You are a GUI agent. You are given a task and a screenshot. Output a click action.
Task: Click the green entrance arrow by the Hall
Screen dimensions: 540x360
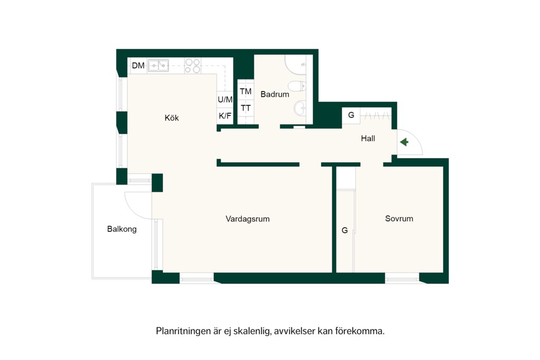(x=404, y=142)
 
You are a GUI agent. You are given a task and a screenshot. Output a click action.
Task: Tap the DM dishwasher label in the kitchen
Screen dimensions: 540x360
(x=138, y=65)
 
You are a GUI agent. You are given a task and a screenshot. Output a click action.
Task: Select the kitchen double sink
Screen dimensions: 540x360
(x=158, y=65)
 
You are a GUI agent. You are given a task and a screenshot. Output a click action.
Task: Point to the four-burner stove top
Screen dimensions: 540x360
(x=192, y=66)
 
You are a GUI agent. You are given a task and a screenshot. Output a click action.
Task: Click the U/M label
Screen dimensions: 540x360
(x=225, y=100)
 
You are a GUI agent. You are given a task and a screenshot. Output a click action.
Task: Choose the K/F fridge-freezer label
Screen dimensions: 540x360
(x=225, y=116)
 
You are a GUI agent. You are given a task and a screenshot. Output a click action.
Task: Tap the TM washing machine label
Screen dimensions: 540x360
(x=246, y=91)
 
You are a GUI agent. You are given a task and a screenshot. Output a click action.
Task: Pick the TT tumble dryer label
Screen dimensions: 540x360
(x=246, y=108)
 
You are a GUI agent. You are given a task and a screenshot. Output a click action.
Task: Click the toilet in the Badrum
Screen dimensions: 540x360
(x=297, y=86)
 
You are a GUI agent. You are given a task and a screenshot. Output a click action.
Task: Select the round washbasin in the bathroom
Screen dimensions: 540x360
(x=300, y=108)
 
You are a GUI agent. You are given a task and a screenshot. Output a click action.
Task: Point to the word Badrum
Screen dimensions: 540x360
(x=275, y=94)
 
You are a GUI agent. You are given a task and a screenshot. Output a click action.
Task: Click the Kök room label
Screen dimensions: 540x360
(x=171, y=118)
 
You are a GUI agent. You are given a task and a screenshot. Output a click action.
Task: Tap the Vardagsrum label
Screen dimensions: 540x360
(x=248, y=219)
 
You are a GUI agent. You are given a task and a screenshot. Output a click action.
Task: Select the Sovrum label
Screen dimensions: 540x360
(x=399, y=219)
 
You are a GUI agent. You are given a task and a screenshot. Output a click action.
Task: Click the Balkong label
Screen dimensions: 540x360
(x=122, y=229)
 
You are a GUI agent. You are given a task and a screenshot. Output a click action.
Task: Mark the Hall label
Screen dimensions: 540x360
(x=368, y=138)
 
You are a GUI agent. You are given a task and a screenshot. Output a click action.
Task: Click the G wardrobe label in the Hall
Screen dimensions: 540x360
(x=351, y=115)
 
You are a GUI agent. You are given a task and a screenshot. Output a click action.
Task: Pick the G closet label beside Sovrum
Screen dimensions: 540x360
(x=345, y=230)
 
